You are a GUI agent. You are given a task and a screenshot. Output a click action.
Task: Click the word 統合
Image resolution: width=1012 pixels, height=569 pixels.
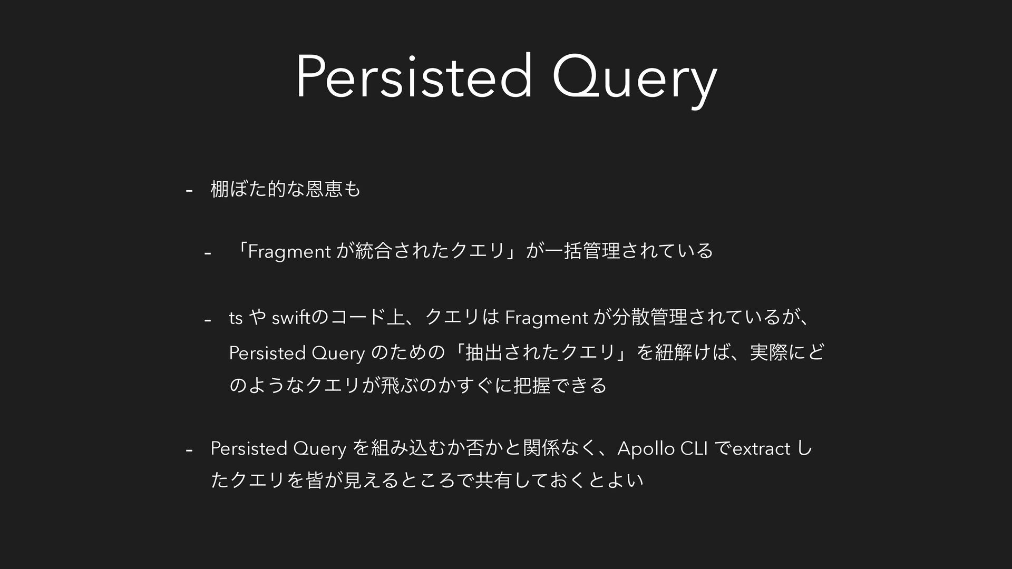(x=375, y=251)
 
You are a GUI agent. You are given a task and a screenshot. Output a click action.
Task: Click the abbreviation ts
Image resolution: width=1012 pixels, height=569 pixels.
(x=236, y=318)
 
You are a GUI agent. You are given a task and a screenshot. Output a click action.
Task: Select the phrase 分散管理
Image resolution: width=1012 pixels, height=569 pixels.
(x=650, y=318)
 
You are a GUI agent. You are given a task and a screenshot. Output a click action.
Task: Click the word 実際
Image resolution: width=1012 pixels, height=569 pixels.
(x=768, y=352)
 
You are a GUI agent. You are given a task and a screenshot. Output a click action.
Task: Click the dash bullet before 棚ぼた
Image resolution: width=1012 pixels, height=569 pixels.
(x=189, y=190)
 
